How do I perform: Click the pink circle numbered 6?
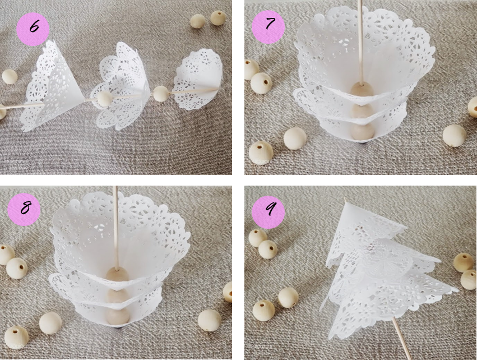[33, 30]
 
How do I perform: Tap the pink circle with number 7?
[268, 24]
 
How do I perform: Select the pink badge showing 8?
[24, 209]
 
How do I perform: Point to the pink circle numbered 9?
[268, 212]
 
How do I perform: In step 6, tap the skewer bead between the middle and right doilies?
[161, 94]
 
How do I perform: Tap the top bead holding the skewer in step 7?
[362, 90]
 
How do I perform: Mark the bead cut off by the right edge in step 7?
[473, 107]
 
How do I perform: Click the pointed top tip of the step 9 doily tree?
[345, 199]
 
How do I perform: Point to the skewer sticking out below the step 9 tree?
[402, 338]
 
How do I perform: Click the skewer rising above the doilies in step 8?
[115, 227]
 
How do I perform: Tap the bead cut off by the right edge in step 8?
[228, 292]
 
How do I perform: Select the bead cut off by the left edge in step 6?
[2, 112]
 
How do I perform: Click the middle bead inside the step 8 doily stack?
[117, 297]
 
